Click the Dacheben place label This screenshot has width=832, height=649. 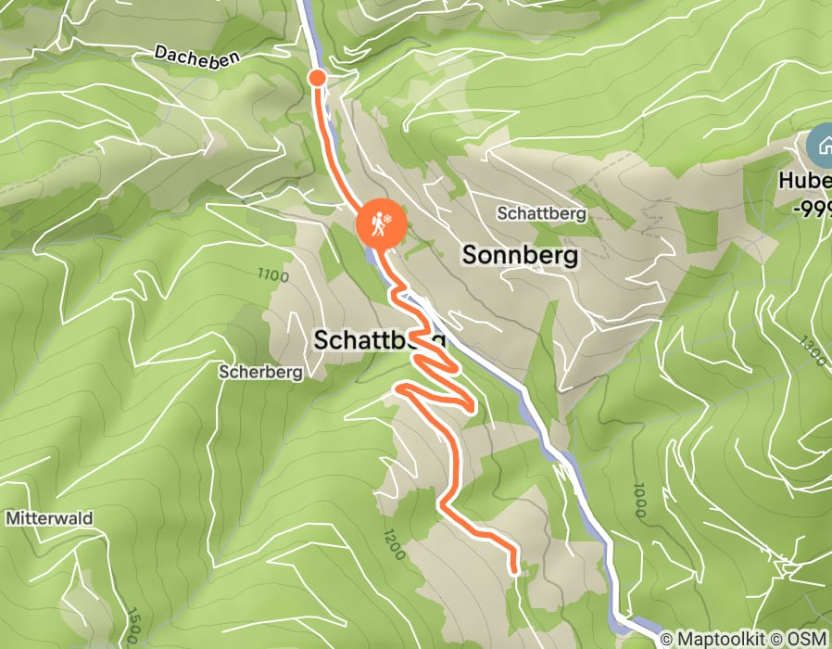(196, 57)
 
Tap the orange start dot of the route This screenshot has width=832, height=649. (317, 77)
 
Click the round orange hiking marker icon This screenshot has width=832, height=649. (380, 223)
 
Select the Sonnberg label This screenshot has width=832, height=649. (520, 255)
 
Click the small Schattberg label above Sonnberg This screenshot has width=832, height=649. (541, 213)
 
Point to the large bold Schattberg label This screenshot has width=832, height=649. (378, 340)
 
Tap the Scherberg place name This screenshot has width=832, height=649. (261, 373)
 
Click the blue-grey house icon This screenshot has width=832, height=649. (820, 146)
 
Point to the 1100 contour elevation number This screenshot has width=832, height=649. (275, 276)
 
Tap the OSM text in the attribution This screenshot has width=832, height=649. (810, 640)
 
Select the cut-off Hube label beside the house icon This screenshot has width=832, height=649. (805, 182)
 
